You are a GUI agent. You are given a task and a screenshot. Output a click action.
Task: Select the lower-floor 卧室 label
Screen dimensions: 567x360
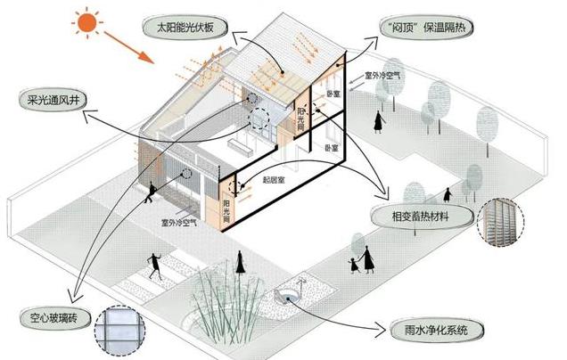pos(333,144)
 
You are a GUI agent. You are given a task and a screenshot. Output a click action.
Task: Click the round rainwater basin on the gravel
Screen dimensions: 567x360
pos(290,295)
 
